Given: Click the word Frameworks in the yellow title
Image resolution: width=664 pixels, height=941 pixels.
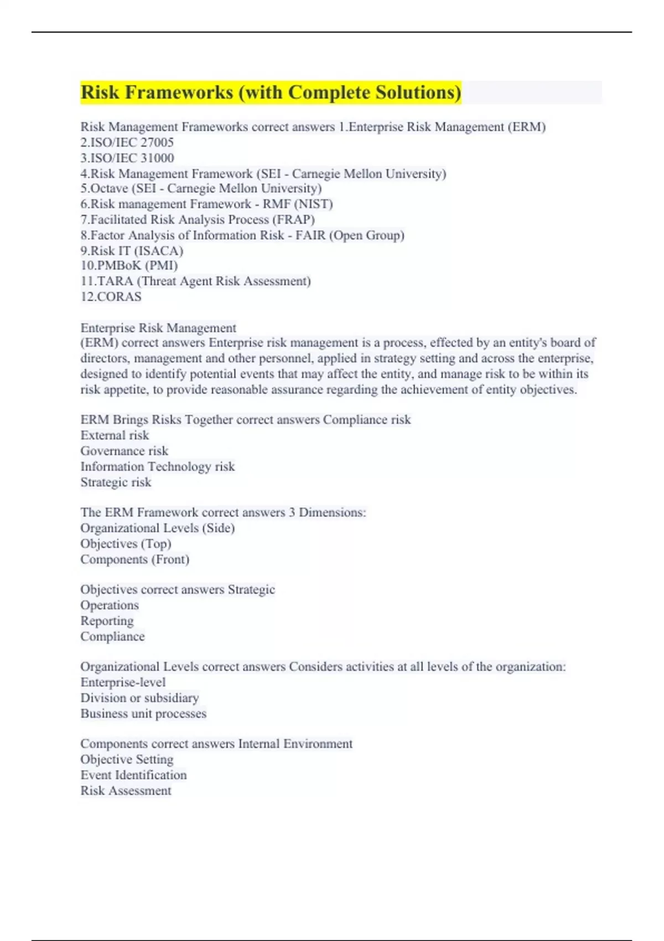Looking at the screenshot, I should coord(179,92).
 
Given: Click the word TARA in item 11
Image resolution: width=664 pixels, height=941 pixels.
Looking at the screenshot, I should coord(115,281).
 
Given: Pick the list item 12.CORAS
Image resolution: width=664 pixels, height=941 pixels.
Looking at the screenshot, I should coord(111,297).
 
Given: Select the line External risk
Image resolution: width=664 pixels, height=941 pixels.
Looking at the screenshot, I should coord(115,435).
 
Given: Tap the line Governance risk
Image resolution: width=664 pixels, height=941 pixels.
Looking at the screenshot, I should coord(124,451).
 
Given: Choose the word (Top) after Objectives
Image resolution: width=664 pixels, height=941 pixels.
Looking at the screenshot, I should coord(157,544).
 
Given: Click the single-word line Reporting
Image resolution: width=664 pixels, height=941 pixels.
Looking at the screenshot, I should coord(107,621).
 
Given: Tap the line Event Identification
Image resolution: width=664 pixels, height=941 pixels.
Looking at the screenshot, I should coord(133,775).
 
